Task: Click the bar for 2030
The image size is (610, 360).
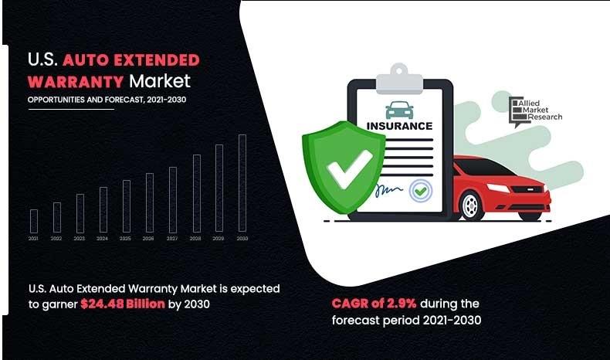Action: [242, 183]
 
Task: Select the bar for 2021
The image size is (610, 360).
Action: [33, 221]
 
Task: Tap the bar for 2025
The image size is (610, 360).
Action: [126, 206]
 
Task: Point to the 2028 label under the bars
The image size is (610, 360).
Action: [195, 239]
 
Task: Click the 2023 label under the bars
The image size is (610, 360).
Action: [80, 239]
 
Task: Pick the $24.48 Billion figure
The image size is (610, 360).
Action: [123, 304]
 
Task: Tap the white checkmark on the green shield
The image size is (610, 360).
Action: [347, 168]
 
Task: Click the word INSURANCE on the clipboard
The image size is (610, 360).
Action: [399, 125]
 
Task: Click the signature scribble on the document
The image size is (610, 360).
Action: [388, 188]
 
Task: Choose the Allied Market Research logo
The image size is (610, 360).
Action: [534, 111]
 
